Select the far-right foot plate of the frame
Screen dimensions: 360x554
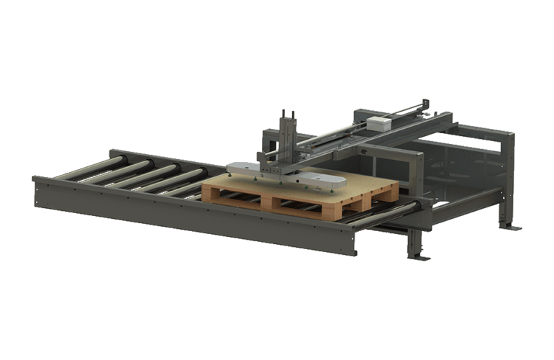pyautogui.click(x=512, y=228)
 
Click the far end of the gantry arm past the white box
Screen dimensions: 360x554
pyautogui.click(x=424, y=107)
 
